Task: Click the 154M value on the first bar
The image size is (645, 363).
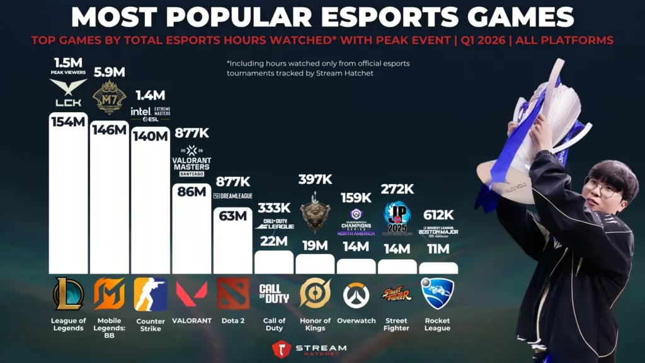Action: pos(68,122)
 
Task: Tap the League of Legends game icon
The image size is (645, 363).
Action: pos(68,294)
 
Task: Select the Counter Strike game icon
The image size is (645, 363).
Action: pos(151,294)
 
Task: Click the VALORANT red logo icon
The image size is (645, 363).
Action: pos(191,294)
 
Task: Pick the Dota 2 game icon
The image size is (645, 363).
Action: pos(233,294)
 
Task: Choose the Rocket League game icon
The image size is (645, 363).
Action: pos(438,294)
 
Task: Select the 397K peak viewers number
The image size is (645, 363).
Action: pos(315,180)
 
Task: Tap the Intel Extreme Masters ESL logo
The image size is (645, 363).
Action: pos(150,113)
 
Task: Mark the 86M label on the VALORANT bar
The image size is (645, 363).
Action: pos(191,192)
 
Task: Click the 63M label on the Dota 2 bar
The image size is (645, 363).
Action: pos(233,216)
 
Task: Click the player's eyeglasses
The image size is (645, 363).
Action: pos(602,187)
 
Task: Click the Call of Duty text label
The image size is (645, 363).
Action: pos(274,325)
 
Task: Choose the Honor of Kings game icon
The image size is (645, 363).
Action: pos(315,294)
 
